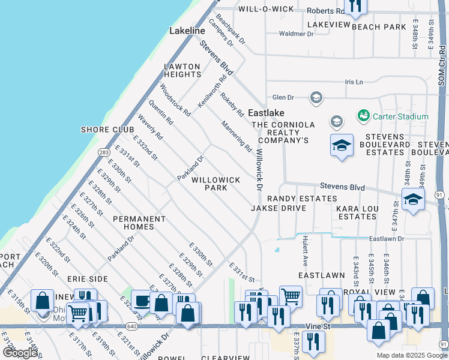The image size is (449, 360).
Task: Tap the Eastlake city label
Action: click(x=266, y=113)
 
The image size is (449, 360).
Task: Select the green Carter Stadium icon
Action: click(x=363, y=115)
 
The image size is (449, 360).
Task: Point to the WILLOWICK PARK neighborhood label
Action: click(x=215, y=184)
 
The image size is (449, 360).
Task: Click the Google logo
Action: click(x=20, y=352)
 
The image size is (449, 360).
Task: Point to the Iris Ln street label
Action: click(x=354, y=82)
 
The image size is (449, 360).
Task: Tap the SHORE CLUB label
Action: click(x=103, y=130)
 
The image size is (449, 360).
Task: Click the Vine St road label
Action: click(x=318, y=325)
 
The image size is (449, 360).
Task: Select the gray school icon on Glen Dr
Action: click(x=316, y=97)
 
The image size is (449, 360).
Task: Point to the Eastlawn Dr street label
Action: click(x=387, y=239)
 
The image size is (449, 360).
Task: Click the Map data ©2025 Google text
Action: click(x=412, y=355)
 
